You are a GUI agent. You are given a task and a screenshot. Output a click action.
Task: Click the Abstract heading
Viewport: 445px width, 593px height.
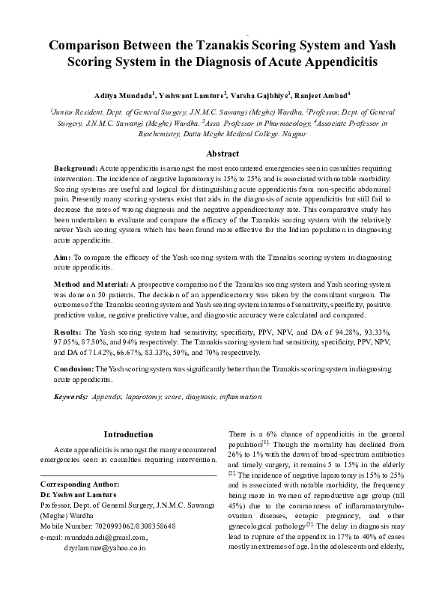pos(222,153)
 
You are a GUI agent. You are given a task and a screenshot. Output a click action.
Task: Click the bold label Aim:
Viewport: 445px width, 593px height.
pos(63,257)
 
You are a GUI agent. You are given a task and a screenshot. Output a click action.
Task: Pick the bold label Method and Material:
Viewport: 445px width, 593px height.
pos(91,286)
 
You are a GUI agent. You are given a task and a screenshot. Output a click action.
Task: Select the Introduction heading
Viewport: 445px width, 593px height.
pos(128,434)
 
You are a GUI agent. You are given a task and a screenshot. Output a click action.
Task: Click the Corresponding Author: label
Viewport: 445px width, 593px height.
pos(79,484)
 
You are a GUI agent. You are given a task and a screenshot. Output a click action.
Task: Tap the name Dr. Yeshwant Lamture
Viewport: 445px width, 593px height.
pos(78,495)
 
